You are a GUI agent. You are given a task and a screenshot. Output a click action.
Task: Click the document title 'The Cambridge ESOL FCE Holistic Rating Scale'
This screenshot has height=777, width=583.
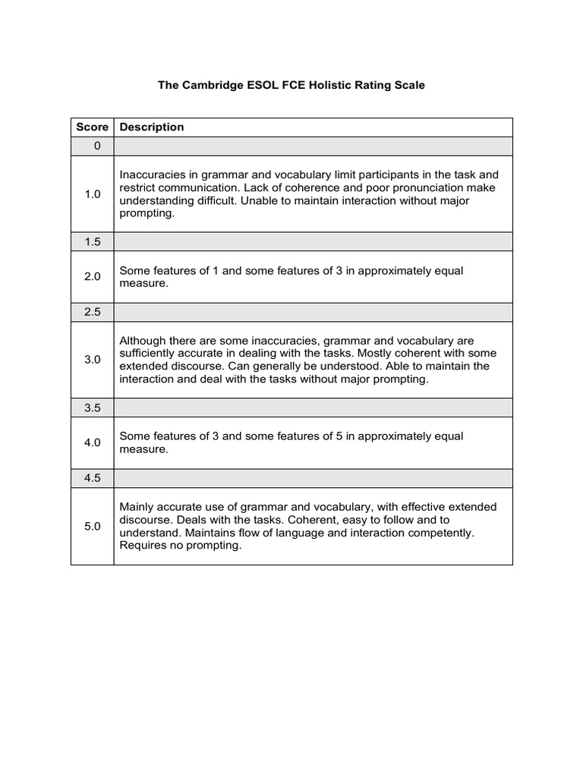291,86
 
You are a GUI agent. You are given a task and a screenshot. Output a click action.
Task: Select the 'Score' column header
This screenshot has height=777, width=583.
92,127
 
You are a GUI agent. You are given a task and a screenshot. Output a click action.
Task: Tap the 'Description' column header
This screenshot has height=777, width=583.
152,127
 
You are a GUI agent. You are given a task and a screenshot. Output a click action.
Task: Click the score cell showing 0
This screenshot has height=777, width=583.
92,146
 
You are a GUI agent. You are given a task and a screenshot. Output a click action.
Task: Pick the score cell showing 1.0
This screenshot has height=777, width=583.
92,194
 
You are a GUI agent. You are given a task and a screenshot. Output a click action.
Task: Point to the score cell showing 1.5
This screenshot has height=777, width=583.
92,241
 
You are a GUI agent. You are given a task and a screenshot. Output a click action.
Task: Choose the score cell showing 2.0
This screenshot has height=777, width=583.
92,277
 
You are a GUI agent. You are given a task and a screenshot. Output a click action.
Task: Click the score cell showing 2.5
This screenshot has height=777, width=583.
92,313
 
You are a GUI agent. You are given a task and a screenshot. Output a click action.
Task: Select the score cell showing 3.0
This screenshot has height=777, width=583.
92,360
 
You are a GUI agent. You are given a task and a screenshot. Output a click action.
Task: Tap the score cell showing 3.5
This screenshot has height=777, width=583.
92,407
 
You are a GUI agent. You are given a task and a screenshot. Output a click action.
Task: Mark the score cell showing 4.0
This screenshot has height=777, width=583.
92,442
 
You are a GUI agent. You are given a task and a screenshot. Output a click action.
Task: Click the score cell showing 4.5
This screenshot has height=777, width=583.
92,478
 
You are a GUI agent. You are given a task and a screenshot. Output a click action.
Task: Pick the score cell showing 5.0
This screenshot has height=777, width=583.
92,526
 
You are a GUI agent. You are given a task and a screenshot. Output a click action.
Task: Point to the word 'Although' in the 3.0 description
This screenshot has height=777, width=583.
143,341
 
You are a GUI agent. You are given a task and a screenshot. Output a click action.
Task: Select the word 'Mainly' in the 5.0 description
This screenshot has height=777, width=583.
137,507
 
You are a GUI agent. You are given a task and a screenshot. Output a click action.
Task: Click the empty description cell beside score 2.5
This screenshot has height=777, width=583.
313,313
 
